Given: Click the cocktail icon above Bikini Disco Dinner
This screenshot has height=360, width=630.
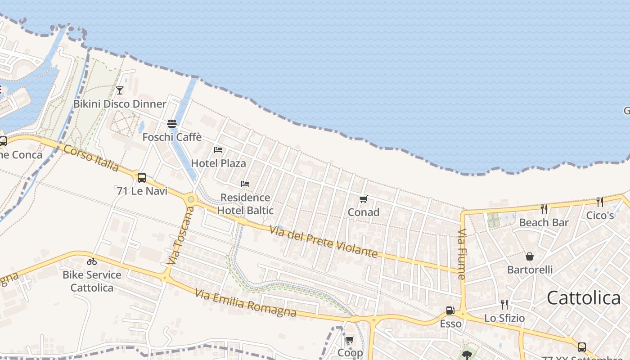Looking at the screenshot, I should pos(119,90).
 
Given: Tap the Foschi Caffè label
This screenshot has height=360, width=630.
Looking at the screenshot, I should pos(172,137).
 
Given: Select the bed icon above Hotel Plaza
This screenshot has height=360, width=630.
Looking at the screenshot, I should pos(218,149).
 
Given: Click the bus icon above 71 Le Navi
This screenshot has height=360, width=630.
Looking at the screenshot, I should pos(141,177).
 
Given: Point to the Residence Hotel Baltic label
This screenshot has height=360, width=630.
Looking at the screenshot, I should pos(245,204).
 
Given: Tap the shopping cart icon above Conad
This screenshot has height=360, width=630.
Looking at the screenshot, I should pos(363,199).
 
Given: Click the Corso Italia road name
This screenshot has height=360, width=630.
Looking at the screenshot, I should pos(91,158).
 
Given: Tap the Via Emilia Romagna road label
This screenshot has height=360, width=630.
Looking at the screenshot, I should pos(246,303).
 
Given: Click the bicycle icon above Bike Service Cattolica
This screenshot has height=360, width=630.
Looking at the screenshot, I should pos(92,261).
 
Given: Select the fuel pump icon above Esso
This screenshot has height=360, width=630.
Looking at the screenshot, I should pos(450,310).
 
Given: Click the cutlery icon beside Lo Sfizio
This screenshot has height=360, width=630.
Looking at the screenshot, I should pos(504,305).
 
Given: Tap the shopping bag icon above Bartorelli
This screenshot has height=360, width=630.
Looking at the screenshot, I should pos(530,256).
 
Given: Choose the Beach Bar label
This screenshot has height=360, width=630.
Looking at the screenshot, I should pos(544,222).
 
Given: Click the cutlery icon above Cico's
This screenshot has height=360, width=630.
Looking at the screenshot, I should pos(599,202).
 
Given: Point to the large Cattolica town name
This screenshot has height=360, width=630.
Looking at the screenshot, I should pos(583,298).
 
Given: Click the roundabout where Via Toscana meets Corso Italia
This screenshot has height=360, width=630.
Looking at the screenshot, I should pos(191,198).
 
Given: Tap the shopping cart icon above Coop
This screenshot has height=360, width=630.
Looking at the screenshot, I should pos(350,339).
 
